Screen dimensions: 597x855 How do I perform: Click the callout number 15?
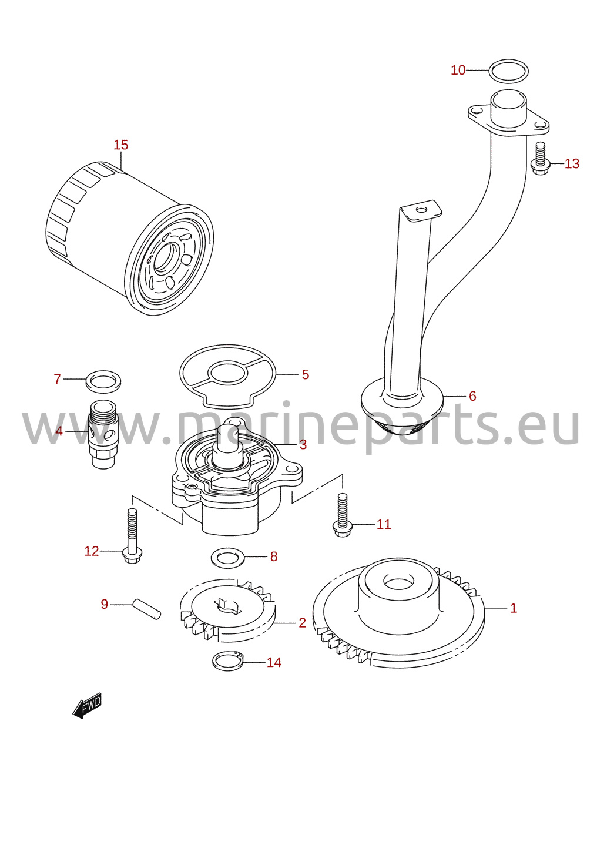click(x=120, y=145)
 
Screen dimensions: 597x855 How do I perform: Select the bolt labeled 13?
click(x=540, y=159)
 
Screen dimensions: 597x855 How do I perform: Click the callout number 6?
click(x=472, y=396)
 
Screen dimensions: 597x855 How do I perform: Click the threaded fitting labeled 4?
click(x=103, y=434)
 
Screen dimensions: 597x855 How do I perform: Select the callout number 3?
click(x=303, y=444)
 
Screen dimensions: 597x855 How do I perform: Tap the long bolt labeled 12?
click(x=132, y=537)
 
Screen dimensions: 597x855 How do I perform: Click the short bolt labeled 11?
click(x=343, y=515)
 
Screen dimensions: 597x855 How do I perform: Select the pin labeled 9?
click(x=146, y=609)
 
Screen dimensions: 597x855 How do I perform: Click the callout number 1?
click(x=514, y=608)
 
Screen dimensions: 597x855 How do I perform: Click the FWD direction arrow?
click(x=88, y=706)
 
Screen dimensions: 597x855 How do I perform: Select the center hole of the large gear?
click(x=398, y=583)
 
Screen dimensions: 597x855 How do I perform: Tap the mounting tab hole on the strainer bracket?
click(x=420, y=210)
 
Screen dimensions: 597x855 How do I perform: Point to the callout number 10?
click(x=458, y=71)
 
